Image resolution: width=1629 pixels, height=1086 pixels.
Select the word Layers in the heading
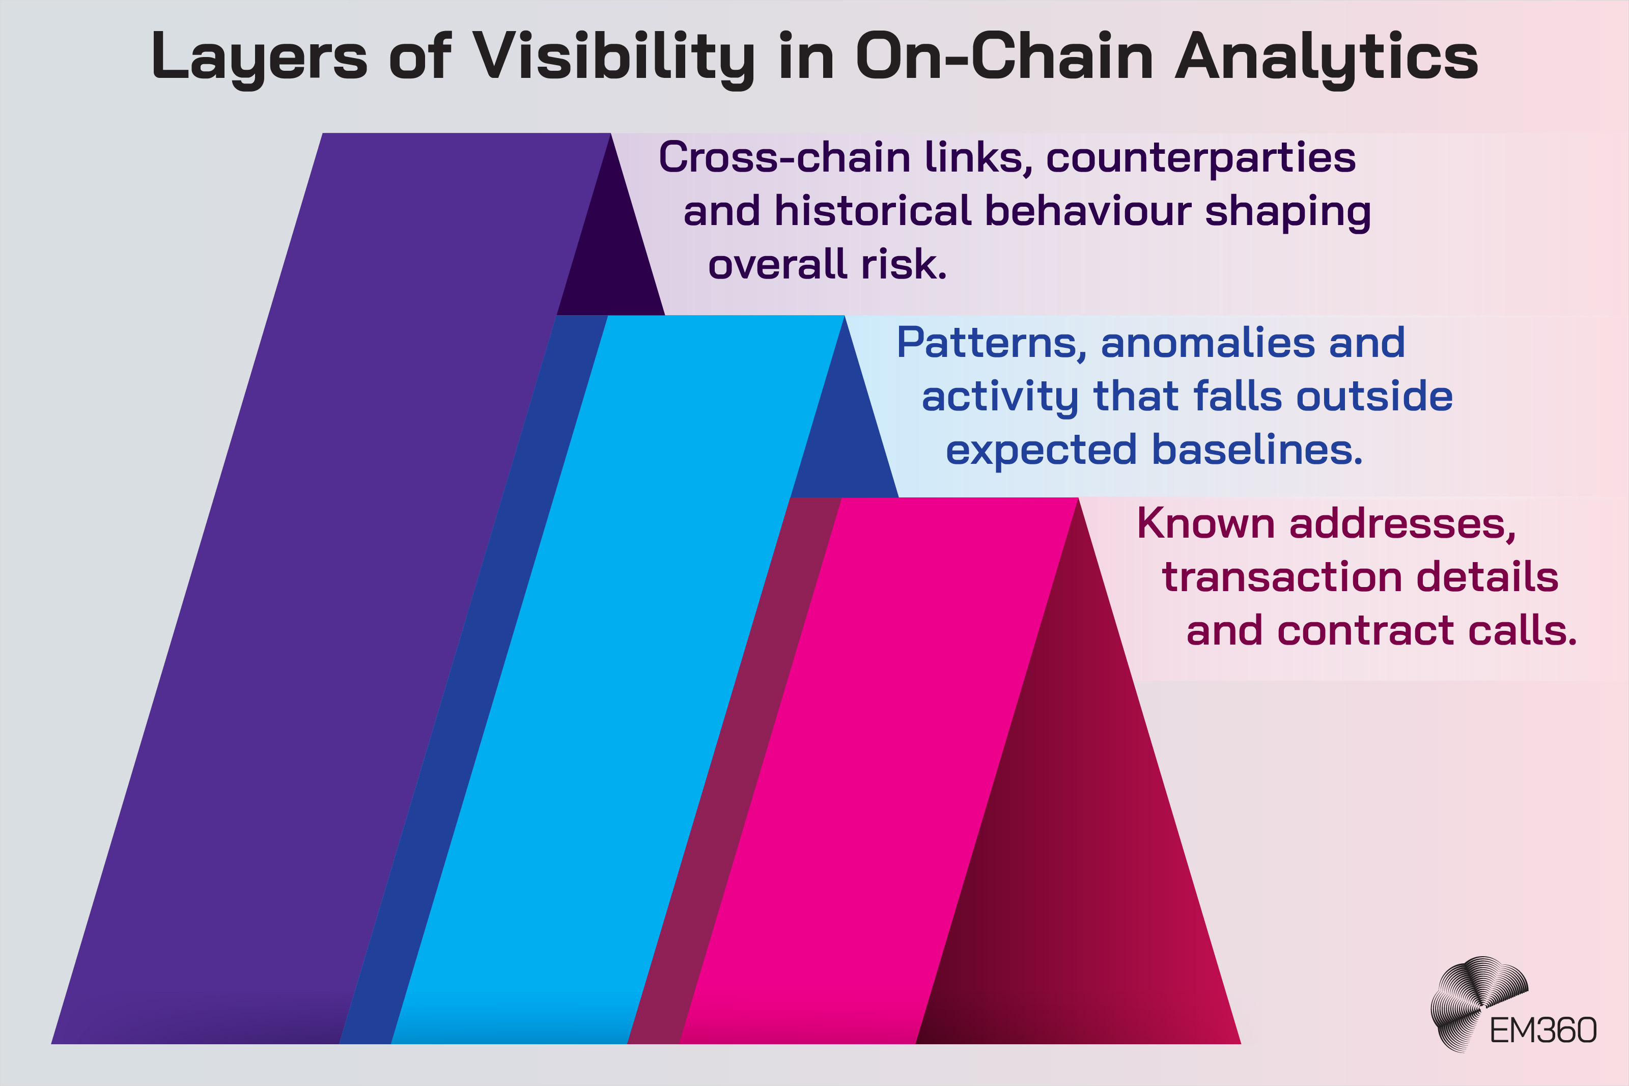tap(258, 57)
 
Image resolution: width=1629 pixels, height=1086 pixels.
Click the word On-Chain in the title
tap(1004, 57)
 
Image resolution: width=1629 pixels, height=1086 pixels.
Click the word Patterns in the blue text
tap(991, 343)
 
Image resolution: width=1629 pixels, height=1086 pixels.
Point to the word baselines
tap(1256, 450)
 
